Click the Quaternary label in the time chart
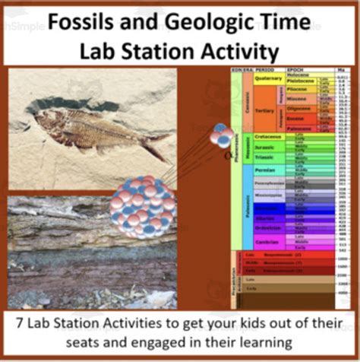269,77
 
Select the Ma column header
343,68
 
